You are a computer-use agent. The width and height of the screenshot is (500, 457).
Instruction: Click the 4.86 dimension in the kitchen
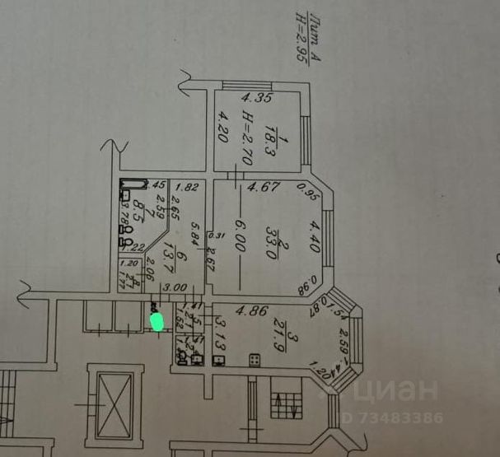pyautogui.click(x=247, y=311)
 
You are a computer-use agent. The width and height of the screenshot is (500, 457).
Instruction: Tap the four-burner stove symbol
pyautogui.click(x=255, y=360)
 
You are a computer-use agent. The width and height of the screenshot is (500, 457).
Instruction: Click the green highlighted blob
pyautogui.click(x=157, y=319)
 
